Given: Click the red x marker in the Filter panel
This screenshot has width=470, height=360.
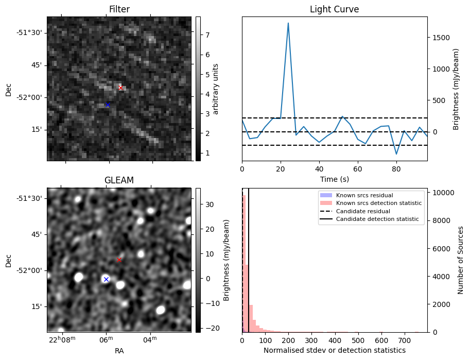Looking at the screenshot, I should point(120,88).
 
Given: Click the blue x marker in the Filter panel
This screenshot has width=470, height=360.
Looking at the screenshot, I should point(107,105).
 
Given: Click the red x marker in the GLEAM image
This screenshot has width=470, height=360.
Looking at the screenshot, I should point(119,260).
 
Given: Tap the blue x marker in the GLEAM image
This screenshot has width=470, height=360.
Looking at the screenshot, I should point(106,279).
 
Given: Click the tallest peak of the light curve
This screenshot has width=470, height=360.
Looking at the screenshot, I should point(288,23).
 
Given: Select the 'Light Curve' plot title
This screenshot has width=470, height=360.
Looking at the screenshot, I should point(334,9).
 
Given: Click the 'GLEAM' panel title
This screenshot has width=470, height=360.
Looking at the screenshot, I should point(119,180).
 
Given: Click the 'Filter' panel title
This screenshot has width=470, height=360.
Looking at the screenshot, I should point(119,9).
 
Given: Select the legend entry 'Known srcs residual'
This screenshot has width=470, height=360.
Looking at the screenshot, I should point(364,196).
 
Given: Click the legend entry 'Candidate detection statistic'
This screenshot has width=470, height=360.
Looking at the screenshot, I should point(378,219).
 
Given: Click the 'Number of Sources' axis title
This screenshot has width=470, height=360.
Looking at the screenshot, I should point(461,260).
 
